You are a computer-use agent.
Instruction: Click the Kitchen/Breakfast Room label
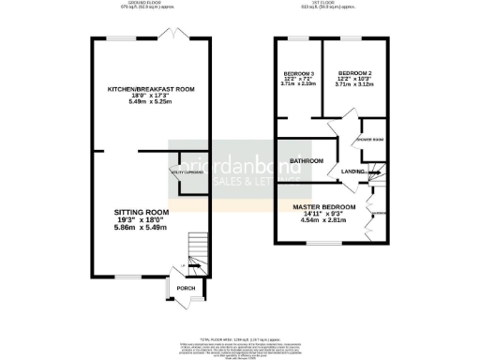(150, 88)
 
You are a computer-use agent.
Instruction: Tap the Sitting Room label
(138, 212)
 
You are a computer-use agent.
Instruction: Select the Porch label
(186, 287)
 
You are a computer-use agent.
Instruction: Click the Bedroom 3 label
(298, 73)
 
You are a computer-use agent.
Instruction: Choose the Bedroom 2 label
(355, 73)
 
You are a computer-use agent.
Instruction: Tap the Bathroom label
(306, 161)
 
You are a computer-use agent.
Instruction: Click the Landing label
(353, 172)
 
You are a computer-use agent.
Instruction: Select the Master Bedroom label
(323, 206)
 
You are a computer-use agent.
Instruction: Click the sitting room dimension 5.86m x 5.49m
(139, 228)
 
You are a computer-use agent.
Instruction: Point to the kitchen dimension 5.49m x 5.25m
(150, 102)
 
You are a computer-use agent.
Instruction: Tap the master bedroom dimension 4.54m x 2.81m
(323, 221)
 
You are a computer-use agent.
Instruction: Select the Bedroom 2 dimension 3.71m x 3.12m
(355, 84)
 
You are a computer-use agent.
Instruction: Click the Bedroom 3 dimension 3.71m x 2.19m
(298, 84)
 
